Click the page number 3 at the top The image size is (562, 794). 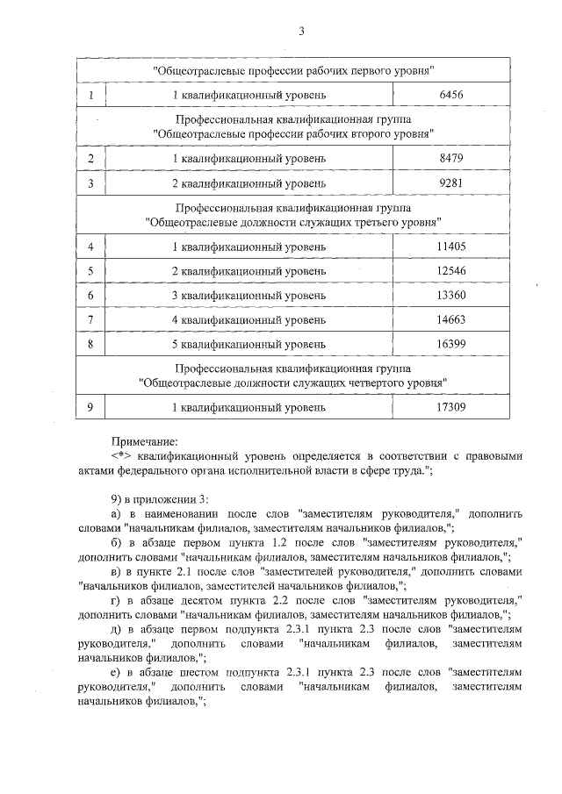[301, 32]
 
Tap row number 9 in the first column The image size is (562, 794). [91, 408]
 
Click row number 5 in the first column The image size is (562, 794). [91, 270]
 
